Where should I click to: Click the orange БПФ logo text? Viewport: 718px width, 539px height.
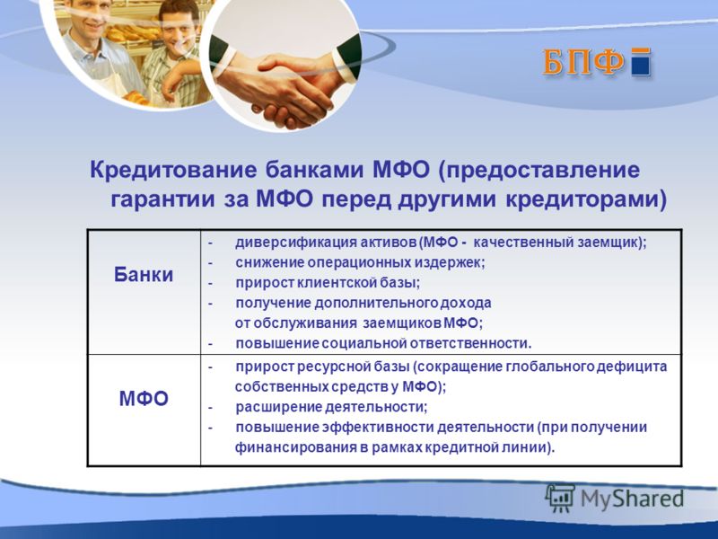coord(582,61)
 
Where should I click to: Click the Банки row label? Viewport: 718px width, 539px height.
coord(144,275)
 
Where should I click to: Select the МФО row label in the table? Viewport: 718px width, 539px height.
coord(144,398)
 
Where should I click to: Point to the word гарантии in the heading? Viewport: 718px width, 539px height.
coord(163,199)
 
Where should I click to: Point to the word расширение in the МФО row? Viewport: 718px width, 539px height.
coord(279,407)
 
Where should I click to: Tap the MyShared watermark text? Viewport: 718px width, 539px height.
coord(632,499)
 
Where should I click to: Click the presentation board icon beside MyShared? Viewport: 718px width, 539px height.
coord(560,498)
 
